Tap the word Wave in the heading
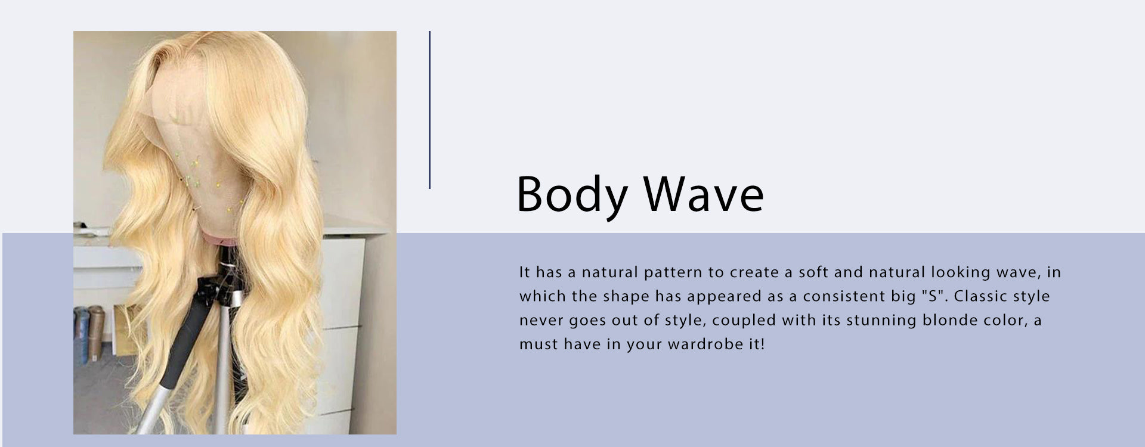(704, 194)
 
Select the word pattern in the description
(673, 272)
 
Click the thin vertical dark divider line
(429, 110)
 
